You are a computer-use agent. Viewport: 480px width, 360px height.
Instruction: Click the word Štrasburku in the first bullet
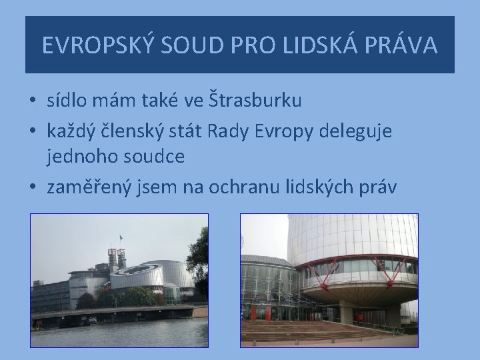pos(254,101)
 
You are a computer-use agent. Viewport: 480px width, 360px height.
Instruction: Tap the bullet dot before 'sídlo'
pos(33,102)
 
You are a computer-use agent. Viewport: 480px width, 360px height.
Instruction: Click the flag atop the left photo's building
pos(120,238)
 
